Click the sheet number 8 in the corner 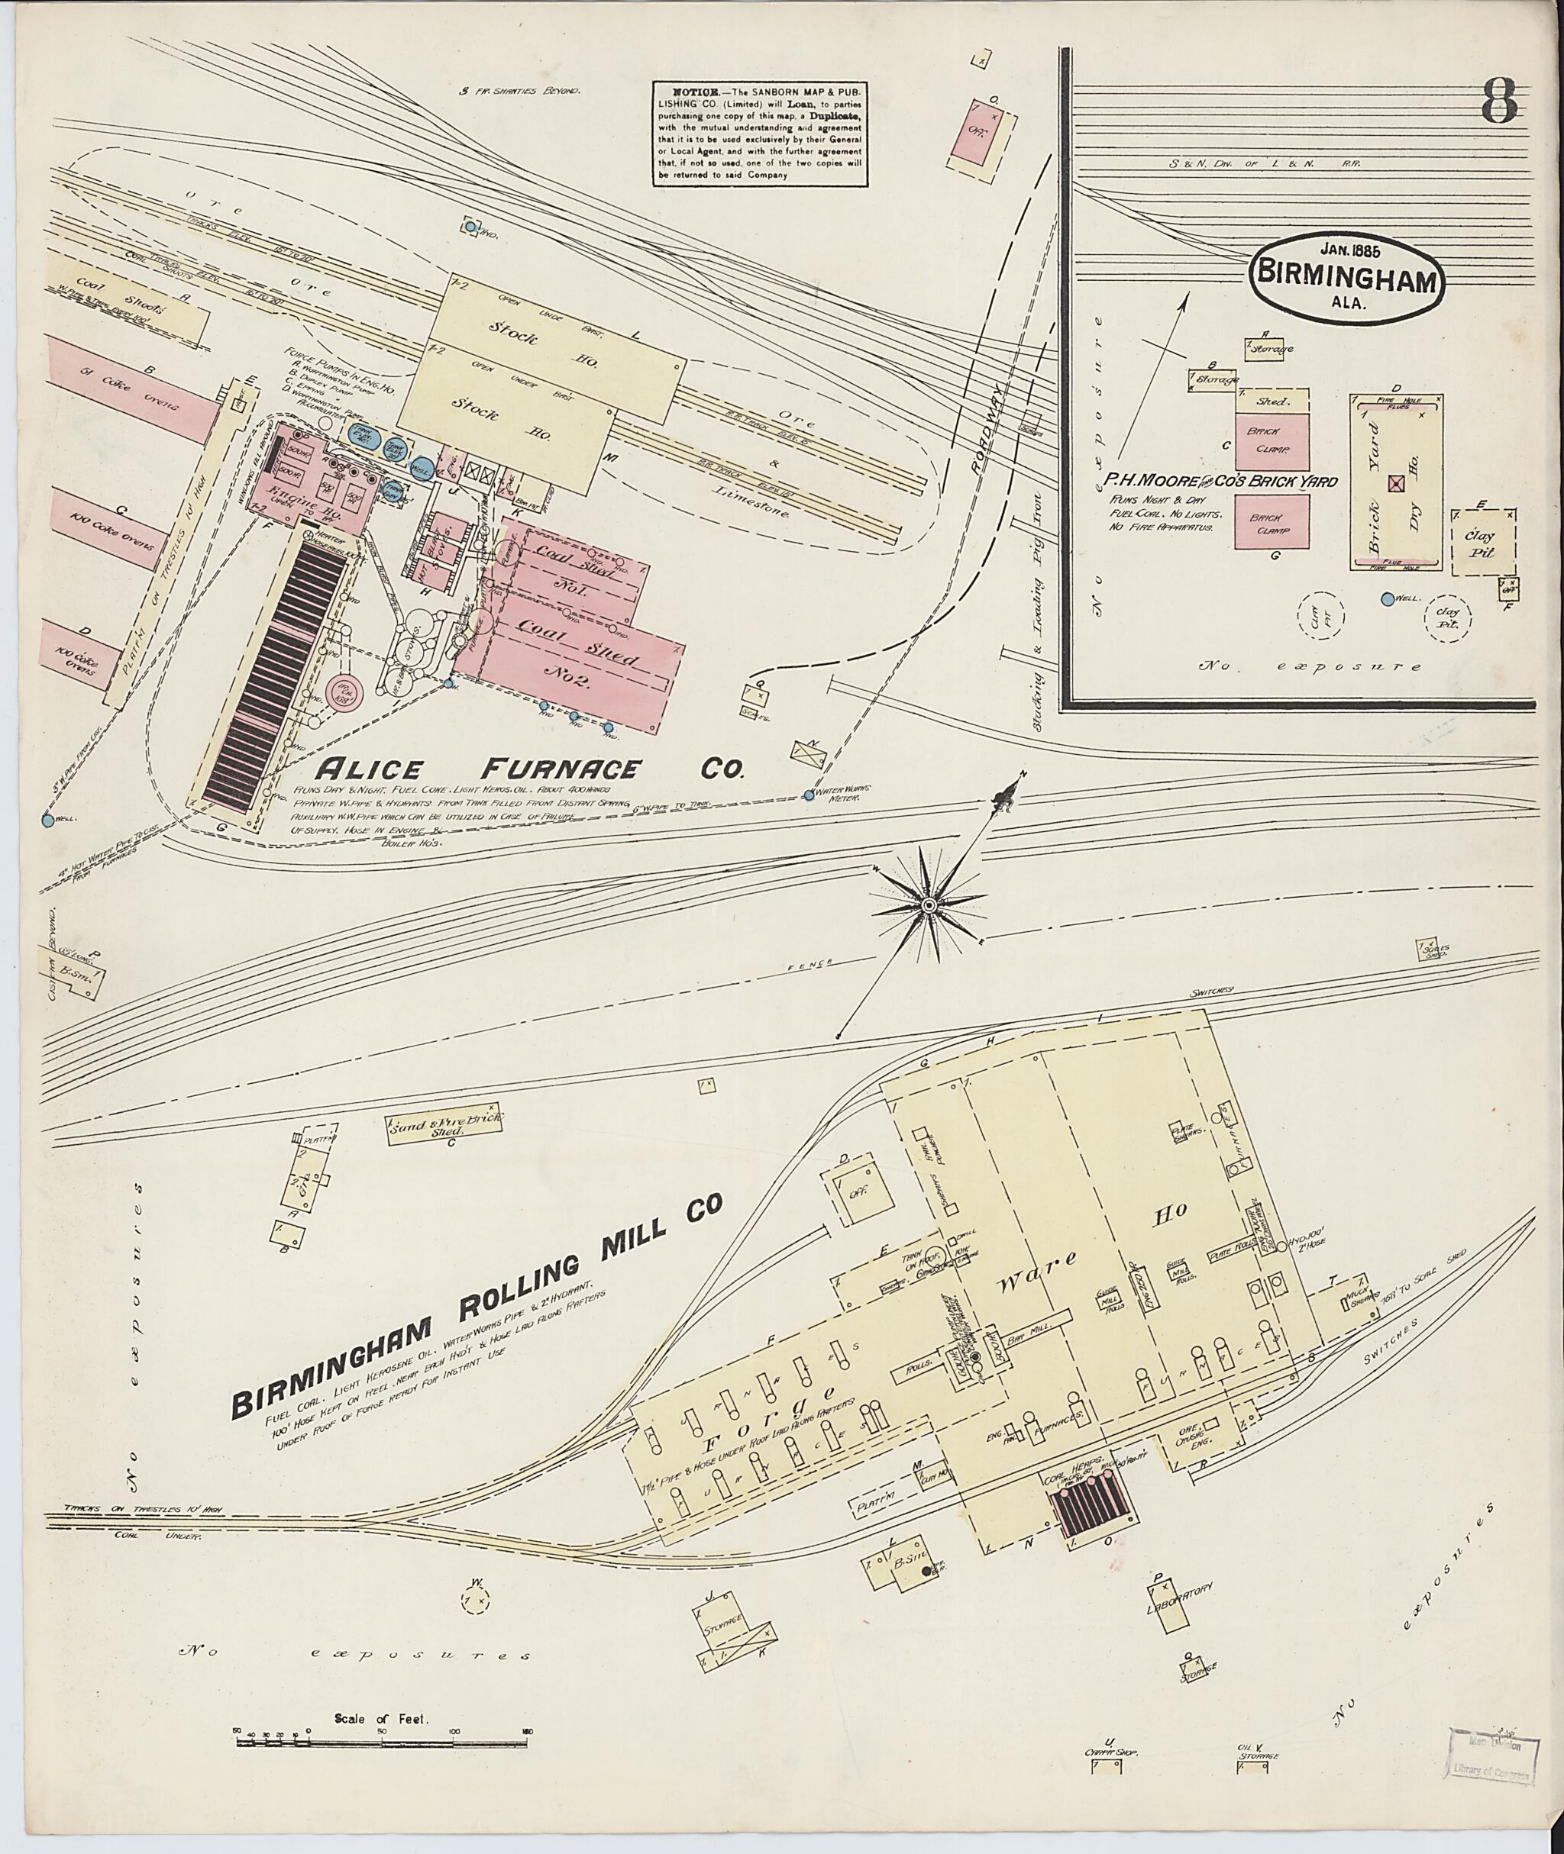coord(1498,104)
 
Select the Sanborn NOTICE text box coord(760,134)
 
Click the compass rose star coord(929,904)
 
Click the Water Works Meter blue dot coord(809,795)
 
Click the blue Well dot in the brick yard coord(1387,598)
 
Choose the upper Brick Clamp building coord(1272,441)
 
